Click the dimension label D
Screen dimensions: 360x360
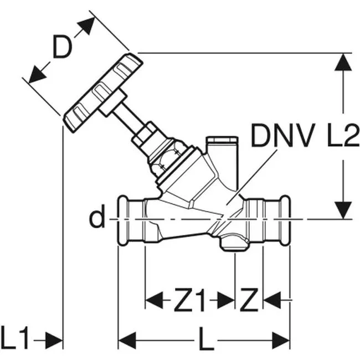62,46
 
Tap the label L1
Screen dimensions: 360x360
16,338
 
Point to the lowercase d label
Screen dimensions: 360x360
97,216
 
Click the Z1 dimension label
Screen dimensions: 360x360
189,300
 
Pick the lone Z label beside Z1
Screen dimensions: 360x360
249,300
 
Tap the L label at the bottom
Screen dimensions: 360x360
206,339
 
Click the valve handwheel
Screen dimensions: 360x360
103,93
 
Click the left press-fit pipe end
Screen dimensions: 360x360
131,220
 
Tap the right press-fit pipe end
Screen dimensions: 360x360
268,220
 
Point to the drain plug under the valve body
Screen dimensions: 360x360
234,243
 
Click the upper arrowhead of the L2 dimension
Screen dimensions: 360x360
343,62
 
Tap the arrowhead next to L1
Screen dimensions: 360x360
54,340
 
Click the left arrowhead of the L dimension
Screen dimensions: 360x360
127,340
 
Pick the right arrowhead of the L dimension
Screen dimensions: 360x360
281,340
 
